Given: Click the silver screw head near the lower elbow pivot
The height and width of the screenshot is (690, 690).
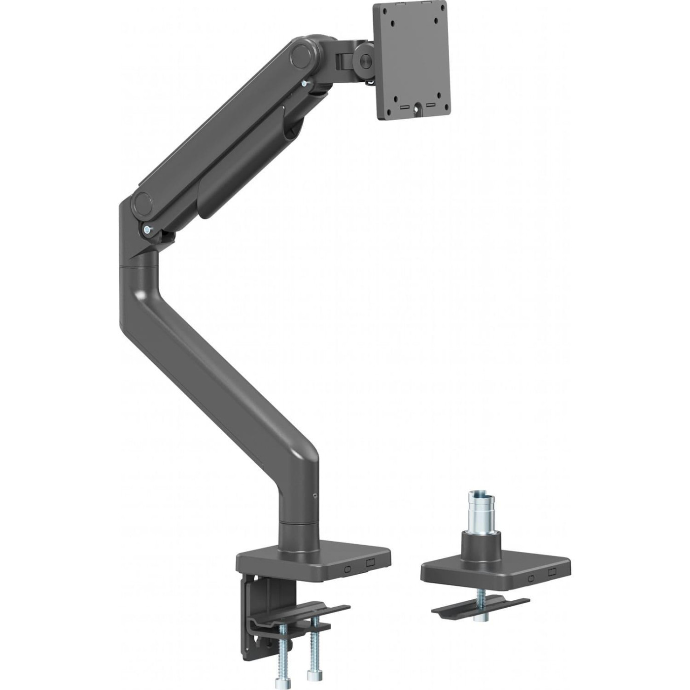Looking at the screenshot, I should coord(147,229).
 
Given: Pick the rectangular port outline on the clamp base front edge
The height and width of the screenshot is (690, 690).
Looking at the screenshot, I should coord(371,562).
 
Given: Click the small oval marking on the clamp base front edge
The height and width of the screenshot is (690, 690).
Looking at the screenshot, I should coord(348,567).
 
